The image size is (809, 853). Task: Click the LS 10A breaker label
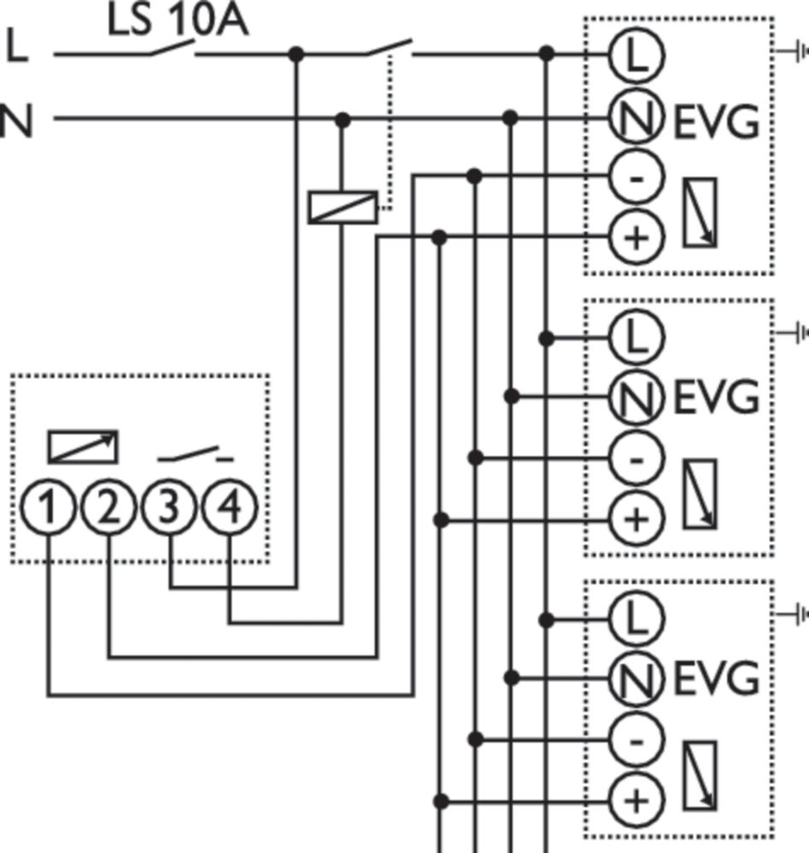pos(178,20)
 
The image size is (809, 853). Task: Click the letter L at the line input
pos(17,47)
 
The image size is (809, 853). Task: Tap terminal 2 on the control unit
pos(109,509)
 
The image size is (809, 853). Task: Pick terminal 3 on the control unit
pos(170,509)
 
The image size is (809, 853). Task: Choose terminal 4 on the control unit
pos(230,509)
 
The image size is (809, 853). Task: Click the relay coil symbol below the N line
pos(341,207)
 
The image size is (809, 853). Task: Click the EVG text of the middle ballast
pos(716,397)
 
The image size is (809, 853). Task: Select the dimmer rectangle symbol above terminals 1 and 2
pos(82,446)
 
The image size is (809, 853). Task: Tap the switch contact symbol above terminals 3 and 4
pos(196,453)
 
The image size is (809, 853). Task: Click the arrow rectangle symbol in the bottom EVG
pos(700,775)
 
